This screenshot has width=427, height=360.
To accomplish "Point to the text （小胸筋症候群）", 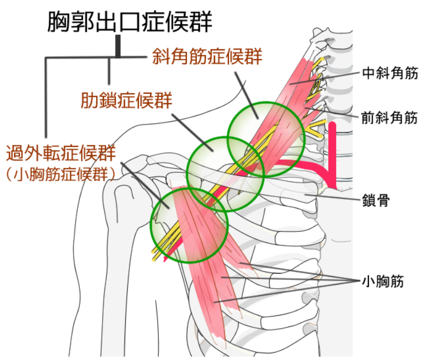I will tap(60, 173).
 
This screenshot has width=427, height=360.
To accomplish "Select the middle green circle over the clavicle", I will tap(226, 173).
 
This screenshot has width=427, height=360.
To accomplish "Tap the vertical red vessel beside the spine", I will tap(333, 152).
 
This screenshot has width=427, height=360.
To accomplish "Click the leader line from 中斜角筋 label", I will tap(337, 77).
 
